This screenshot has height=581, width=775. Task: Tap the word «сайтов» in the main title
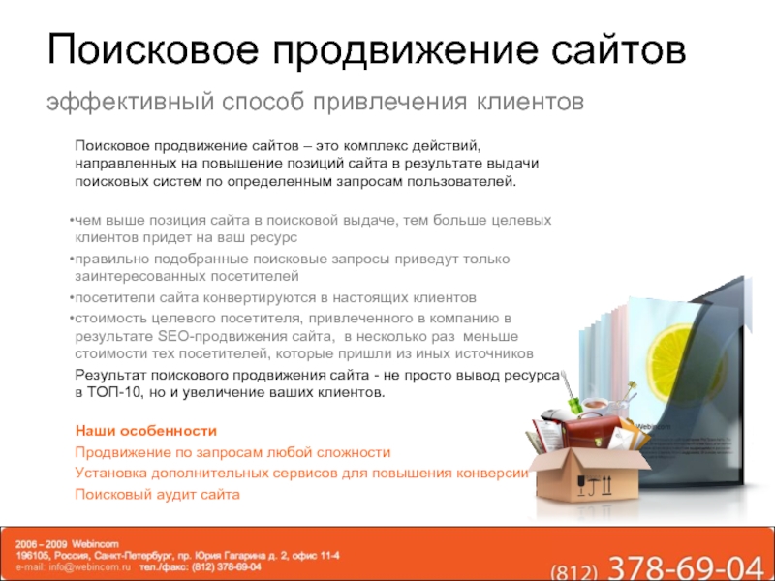619,49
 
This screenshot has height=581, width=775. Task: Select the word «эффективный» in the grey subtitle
131,103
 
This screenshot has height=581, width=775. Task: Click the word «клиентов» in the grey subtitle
530,102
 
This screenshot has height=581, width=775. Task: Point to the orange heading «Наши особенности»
146,431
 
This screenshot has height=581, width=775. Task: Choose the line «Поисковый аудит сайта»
157,495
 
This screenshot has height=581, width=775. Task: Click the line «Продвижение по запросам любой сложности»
232,452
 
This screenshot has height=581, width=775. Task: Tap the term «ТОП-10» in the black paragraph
113,393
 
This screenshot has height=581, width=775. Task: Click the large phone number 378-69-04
685,568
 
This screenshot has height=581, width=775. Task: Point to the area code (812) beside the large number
573,571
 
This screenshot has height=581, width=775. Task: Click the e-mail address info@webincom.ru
89,567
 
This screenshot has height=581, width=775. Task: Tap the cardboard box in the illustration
588,472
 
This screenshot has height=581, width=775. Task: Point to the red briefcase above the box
590,434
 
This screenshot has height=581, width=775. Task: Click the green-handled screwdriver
570,394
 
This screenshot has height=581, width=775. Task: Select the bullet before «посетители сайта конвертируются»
72,298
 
